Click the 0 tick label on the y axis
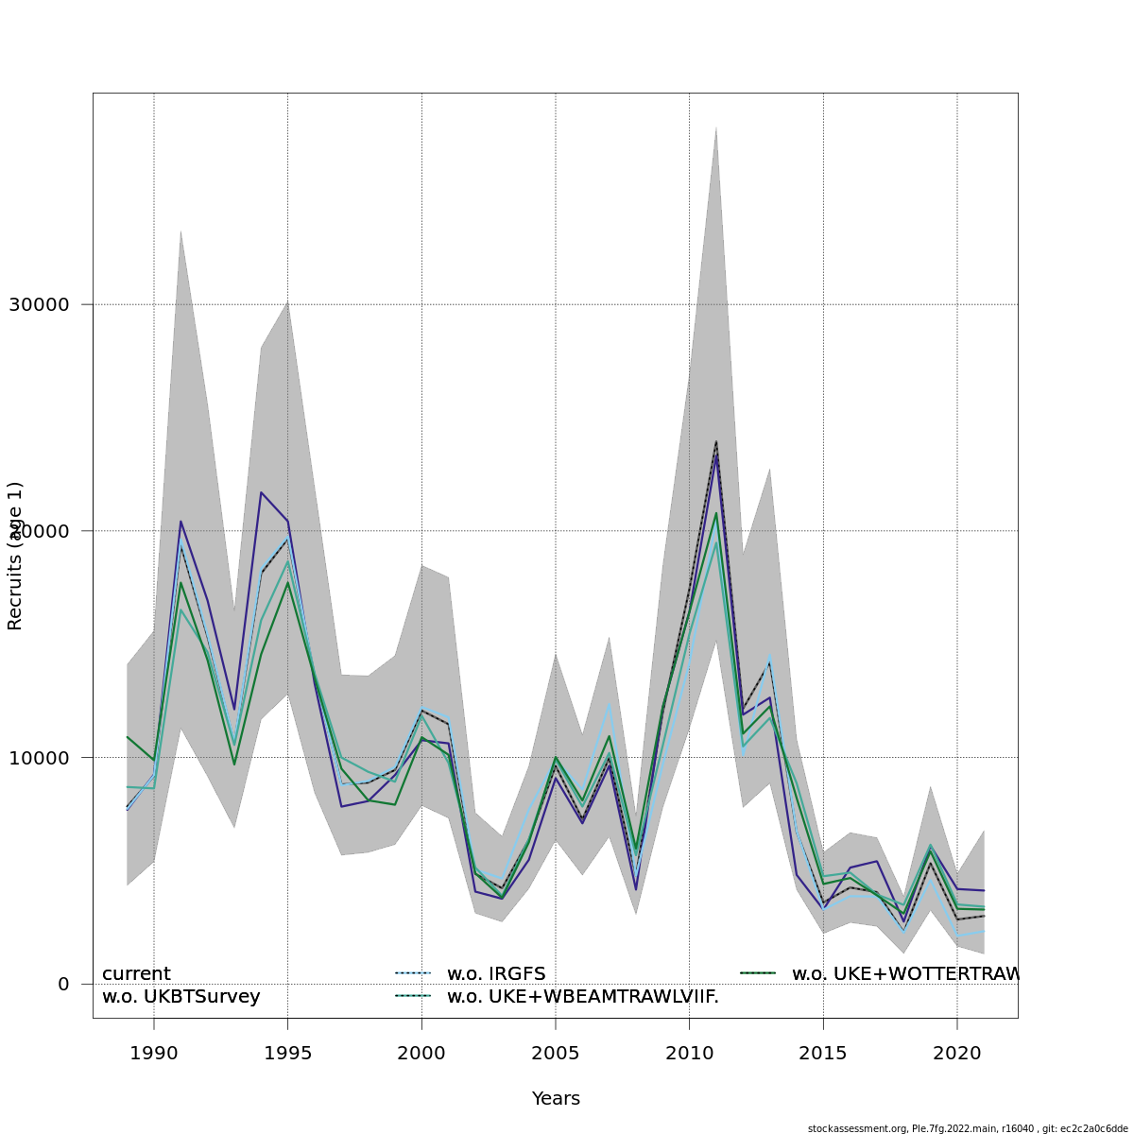coord(63,984)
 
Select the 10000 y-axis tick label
coord(39,757)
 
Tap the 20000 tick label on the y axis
coord(39,531)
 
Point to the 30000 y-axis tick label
coord(39,304)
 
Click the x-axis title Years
coord(556,1098)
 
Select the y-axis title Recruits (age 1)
coord(15,556)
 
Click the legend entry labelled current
coord(136,973)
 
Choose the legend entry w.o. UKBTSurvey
coord(180,996)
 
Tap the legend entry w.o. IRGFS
coord(496,973)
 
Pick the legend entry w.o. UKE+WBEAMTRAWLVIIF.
coord(582,996)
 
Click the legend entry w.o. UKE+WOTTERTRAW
coord(904,973)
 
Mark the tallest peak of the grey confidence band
coord(716,127)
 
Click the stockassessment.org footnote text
coord(968,1128)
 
